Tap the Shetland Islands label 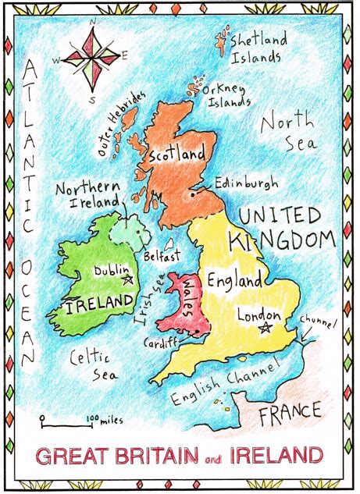coord(258,48)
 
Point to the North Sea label coord(288,133)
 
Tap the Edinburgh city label coord(246,185)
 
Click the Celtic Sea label coord(91,366)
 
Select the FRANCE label coord(290,411)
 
